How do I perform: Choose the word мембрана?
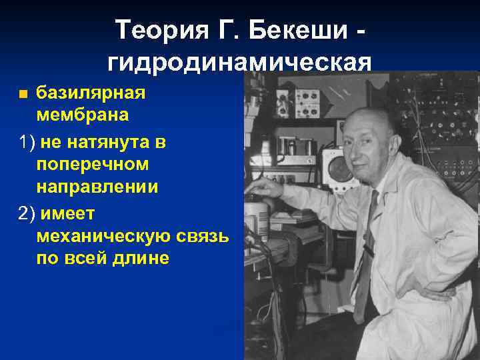pos(83,115)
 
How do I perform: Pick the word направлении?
pos(97,187)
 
